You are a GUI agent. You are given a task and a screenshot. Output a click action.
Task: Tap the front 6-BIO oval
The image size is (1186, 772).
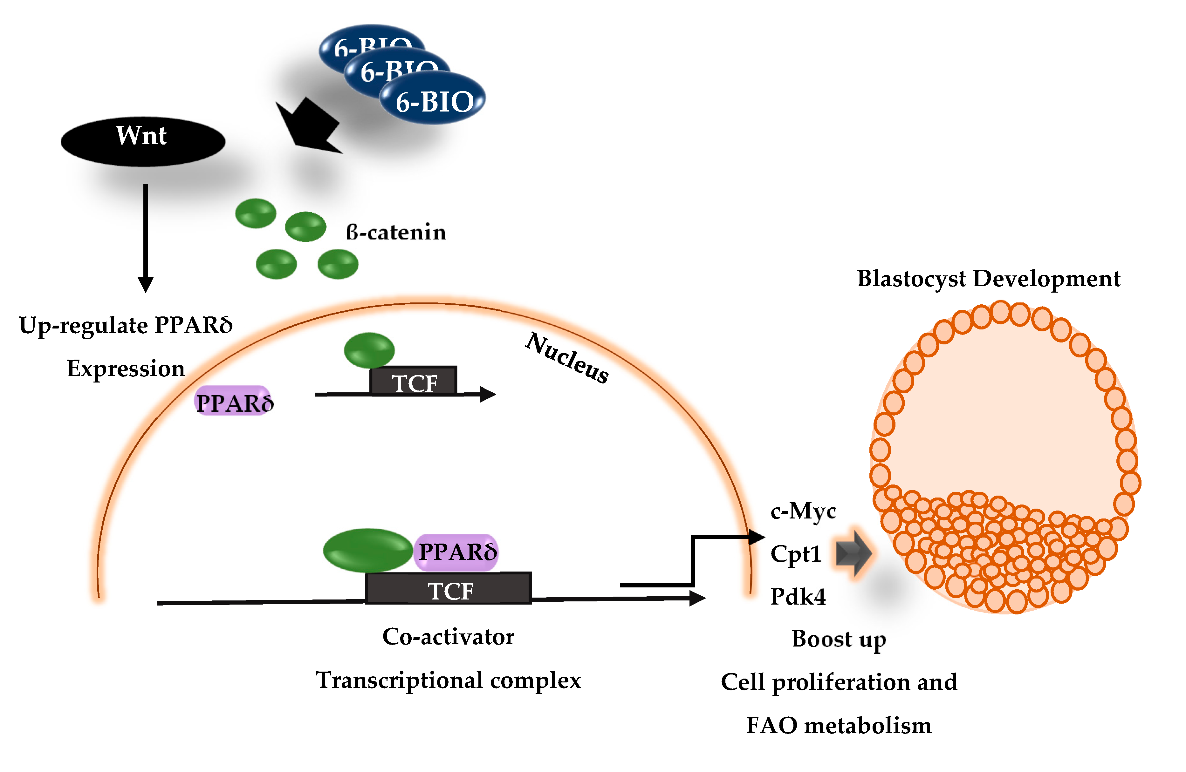click(x=433, y=100)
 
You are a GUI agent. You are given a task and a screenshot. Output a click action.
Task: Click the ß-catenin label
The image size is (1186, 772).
click(x=396, y=233)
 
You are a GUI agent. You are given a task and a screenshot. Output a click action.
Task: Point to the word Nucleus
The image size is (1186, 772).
click(x=567, y=358)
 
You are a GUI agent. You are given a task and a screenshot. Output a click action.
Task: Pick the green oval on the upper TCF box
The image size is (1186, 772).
click(x=369, y=350)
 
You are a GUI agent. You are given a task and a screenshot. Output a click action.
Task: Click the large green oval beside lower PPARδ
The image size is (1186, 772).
click(x=368, y=550)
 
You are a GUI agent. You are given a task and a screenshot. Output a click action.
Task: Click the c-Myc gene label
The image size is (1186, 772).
click(x=803, y=511)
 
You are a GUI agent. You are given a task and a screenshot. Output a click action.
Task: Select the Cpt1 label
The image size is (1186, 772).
click(x=795, y=554)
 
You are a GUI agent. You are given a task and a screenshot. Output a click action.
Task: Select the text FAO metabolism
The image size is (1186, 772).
click(x=838, y=726)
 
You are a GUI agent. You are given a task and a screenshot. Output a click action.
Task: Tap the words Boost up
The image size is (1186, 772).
click(x=839, y=639)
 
